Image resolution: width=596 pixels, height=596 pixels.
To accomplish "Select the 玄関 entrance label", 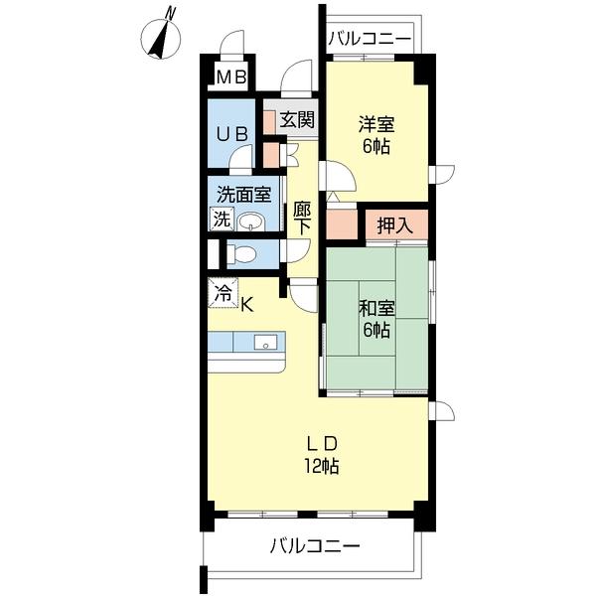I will (297, 120).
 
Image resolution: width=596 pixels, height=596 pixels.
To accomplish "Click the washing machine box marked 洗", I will (223, 219).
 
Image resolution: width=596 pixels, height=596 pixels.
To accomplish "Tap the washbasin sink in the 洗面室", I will (253, 221).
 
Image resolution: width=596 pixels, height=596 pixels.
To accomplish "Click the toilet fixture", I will (241, 254).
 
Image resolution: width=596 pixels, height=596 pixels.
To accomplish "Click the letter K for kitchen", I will (247, 304).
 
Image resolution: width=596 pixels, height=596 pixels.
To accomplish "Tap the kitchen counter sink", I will (265, 342).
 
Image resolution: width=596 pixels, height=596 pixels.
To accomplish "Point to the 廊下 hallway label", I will (302, 218).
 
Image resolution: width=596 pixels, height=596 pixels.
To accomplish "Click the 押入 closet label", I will (394, 225).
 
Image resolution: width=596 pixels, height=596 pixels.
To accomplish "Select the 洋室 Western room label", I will (377, 125).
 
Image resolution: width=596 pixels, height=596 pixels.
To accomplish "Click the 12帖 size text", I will (323, 466).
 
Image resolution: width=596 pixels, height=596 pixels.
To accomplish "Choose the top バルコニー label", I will (370, 39).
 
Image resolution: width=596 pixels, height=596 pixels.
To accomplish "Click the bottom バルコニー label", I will (315, 545).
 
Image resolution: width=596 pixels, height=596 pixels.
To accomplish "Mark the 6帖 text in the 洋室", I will (377, 147).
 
